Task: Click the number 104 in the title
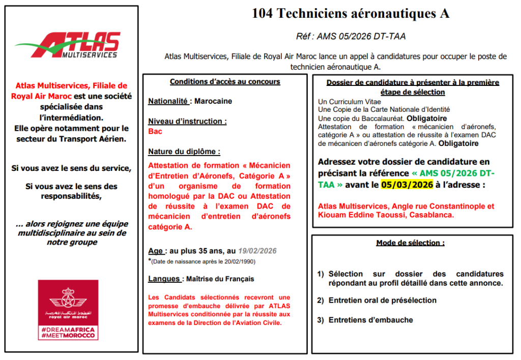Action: pyautogui.click(x=263, y=14)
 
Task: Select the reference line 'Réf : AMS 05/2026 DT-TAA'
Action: pyautogui.click(x=351, y=37)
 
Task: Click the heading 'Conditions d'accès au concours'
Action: pyautogui.click(x=225, y=81)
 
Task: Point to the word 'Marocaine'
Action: pyautogui.click(x=213, y=101)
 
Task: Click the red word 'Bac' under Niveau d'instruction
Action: pyautogui.click(x=155, y=131)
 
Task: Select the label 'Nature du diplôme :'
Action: pyautogui.click(x=184, y=152)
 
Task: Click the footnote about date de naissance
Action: pyautogui.click(x=204, y=261)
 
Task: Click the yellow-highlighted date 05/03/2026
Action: pyautogui.click(x=407, y=185)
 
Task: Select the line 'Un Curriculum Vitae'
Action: pyautogui.click(x=349, y=102)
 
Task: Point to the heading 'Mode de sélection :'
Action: pyautogui.click(x=410, y=243)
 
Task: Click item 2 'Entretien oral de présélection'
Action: pyautogui.click(x=382, y=300)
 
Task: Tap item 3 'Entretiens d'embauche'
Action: pyautogui.click(x=370, y=320)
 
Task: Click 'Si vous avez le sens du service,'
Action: pyautogui.click(x=71, y=168)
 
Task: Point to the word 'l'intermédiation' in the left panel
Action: pyautogui.click(x=71, y=117)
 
